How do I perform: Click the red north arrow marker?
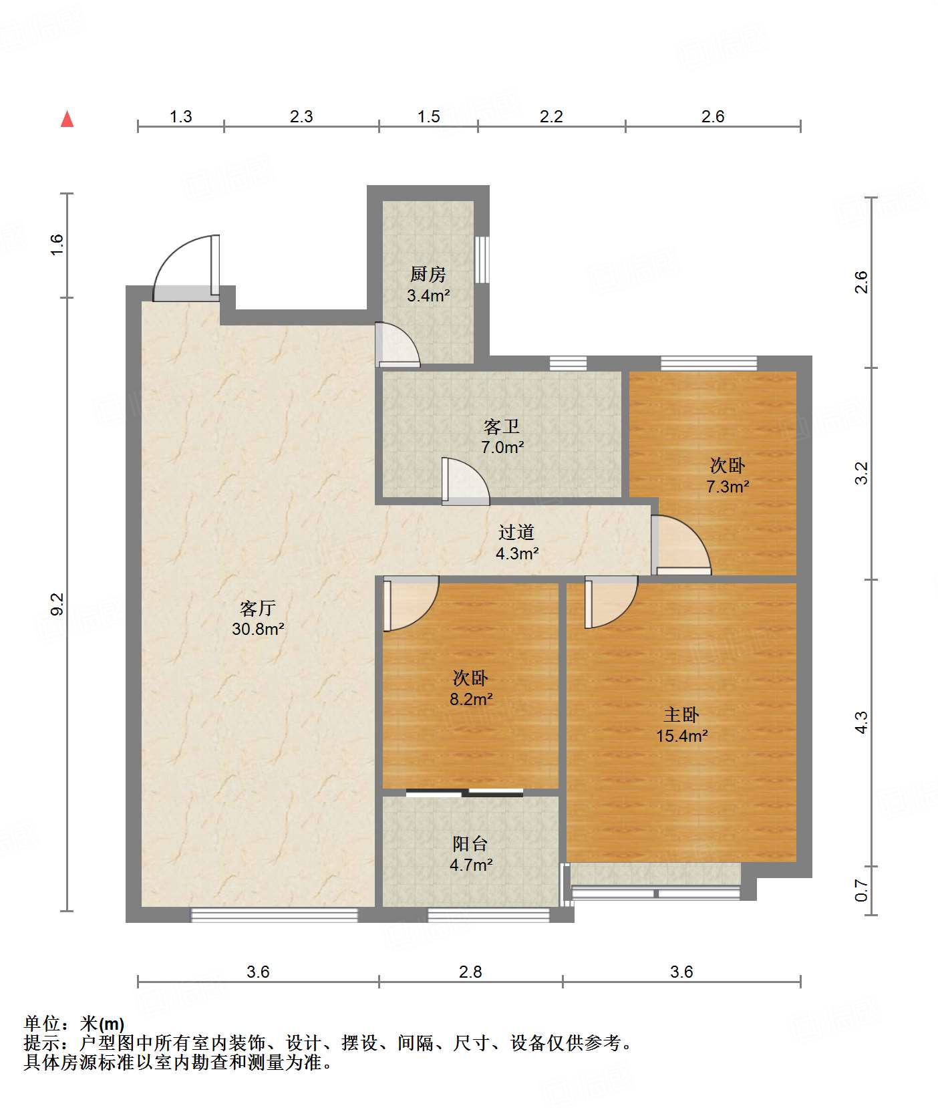67,119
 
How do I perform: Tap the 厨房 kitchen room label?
428,274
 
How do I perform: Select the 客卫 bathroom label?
502,426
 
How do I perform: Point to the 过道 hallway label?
516,533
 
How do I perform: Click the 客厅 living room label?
258,608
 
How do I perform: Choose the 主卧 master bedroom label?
681,715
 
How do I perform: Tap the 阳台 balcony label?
470,844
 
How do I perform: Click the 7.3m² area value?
728,487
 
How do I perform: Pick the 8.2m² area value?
471,699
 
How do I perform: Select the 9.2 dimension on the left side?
57,604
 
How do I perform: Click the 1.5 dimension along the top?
429,117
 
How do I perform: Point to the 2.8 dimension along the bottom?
470,972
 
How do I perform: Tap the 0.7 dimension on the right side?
862,891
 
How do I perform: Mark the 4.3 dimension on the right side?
862,722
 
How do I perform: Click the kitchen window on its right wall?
482,259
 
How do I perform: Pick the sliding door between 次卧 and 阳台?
465,793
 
